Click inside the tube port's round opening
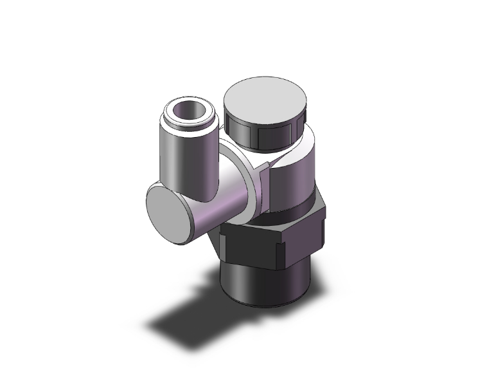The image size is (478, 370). point(186,113)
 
